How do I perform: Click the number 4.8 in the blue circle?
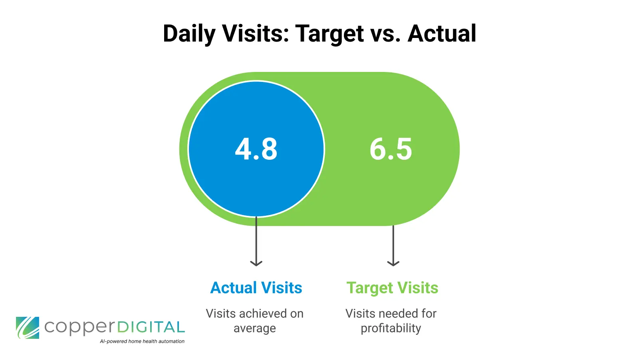[x=256, y=149]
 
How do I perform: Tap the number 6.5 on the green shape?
[x=391, y=149]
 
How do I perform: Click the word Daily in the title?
[x=189, y=34]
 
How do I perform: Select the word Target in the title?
[x=329, y=34]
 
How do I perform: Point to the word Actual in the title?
[x=442, y=34]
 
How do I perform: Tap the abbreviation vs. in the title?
[x=385, y=34]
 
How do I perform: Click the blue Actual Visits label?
[x=256, y=288]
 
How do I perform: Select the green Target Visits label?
[x=392, y=288]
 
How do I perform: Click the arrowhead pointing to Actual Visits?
[x=256, y=263]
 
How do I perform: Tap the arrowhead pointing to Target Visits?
[x=393, y=263]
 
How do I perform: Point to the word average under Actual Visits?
[x=254, y=328]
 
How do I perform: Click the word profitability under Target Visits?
[x=391, y=328]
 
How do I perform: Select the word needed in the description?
[x=395, y=314]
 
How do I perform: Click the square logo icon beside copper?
[x=28, y=328]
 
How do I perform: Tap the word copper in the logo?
[x=79, y=328]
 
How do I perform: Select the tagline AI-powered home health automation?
[x=142, y=341]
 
